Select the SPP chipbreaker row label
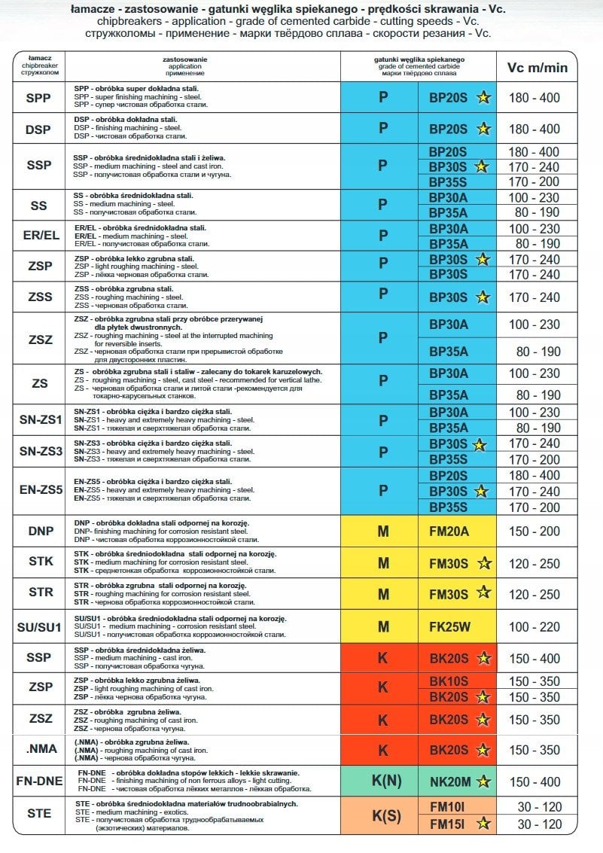click(38, 98)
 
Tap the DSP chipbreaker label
click(38, 129)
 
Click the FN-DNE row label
click(38, 781)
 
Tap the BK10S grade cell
click(449, 681)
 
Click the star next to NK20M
click(483, 781)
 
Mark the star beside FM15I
click(483, 824)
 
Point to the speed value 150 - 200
click(534, 532)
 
